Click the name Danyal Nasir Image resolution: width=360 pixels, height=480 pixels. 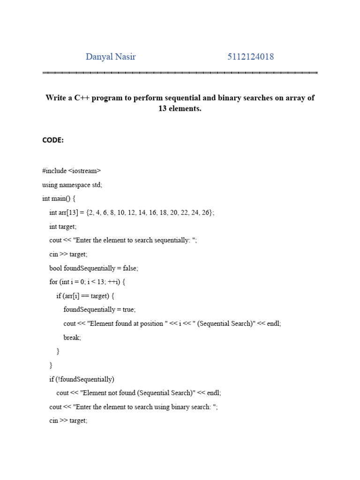[111, 57]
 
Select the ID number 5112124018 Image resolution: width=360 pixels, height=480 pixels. [251, 57]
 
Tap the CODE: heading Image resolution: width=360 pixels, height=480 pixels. [53, 140]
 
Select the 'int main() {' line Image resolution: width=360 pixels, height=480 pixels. [62, 199]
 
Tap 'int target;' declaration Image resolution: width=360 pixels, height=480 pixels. [63, 226]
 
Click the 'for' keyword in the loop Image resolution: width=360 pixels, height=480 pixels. [53, 282]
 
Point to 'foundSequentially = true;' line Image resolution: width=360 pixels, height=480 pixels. [99, 310]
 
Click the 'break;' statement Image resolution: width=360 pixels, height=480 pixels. [72, 337]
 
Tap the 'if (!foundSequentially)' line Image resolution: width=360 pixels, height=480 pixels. [82, 379]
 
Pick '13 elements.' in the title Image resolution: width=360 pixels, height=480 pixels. [180, 109]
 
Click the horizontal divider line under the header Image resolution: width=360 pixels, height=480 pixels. [180, 73]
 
